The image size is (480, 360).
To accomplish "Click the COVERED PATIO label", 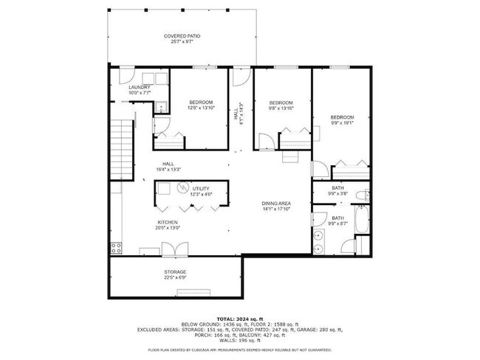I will [x=182, y=35].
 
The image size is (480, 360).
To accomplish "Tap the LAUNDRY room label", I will [x=140, y=87].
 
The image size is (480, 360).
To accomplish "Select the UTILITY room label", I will [x=201, y=189].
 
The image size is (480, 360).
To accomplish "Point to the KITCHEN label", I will [x=167, y=222].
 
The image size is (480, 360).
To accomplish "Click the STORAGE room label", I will [x=175, y=272].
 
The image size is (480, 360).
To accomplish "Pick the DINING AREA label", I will [x=276, y=204].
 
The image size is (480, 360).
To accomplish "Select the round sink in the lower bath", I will [x=319, y=236].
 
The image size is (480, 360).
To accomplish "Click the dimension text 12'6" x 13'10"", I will [x=201, y=108].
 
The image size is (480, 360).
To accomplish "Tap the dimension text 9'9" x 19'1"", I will [x=342, y=123].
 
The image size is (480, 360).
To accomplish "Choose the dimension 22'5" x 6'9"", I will [x=175, y=278].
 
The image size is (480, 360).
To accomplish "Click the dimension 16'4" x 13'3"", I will [x=169, y=170].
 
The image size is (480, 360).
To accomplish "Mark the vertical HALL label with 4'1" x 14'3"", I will [x=238, y=112].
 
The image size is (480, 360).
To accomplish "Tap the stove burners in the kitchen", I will [x=115, y=246].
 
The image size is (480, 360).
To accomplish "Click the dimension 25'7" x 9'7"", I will [x=182, y=42].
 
